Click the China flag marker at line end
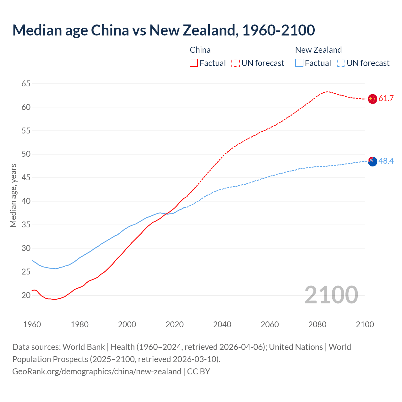click(x=372, y=99)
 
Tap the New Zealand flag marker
click(x=372, y=161)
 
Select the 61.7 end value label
click(x=386, y=99)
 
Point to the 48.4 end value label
click(x=386, y=161)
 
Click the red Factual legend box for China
click(x=194, y=63)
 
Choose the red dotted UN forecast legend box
click(x=236, y=63)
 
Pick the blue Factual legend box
click(x=299, y=63)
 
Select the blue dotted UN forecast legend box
click(x=341, y=63)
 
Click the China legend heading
click(x=200, y=50)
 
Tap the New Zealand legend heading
click(x=318, y=50)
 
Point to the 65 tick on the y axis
click(x=26, y=84)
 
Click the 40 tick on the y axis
click(x=26, y=201)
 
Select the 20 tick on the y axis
click(x=26, y=295)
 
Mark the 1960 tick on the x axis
click(x=32, y=324)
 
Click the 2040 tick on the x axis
click(x=222, y=324)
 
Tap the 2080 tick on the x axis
click(x=317, y=324)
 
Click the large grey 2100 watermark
click(x=331, y=295)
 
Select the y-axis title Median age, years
click(x=13, y=195)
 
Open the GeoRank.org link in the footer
click(x=97, y=372)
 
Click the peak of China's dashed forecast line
click(x=327, y=92)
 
